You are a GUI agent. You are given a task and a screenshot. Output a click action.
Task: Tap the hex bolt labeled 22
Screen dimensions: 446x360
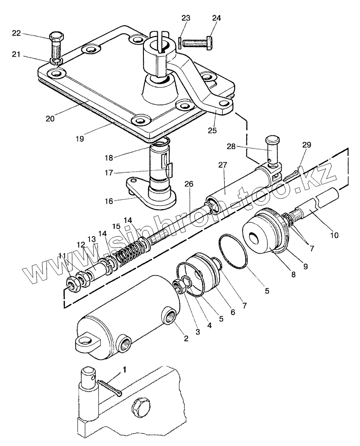[56, 45]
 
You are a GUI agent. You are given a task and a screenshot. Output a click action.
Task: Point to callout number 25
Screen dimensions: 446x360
[212, 129]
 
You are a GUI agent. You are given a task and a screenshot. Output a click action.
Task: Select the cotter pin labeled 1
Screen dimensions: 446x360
[109, 387]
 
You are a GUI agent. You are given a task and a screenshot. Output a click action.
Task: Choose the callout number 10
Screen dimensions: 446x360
[334, 235]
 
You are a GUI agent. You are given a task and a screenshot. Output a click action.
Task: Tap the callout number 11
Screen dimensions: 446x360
[62, 256]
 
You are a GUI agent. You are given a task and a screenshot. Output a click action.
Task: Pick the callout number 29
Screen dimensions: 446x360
[306, 146]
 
